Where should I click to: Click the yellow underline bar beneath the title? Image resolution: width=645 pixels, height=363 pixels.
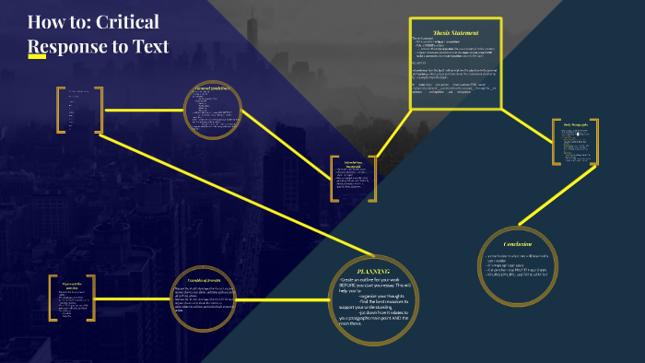pos(37,57)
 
